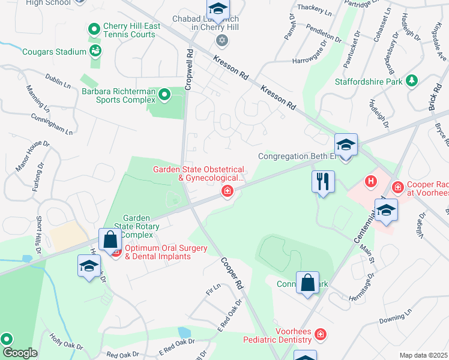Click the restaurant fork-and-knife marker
point(323,181)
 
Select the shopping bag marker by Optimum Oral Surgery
point(110,240)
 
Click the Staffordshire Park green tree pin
point(412,80)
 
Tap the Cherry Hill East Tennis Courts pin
point(94,29)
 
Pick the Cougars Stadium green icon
point(95,52)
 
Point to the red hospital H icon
point(372,181)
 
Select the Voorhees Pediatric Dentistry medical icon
point(321,334)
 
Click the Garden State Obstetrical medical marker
point(227,191)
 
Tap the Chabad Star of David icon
point(221,40)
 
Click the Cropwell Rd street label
point(188,70)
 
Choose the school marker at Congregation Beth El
point(346,145)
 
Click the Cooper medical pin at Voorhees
point(397,188)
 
